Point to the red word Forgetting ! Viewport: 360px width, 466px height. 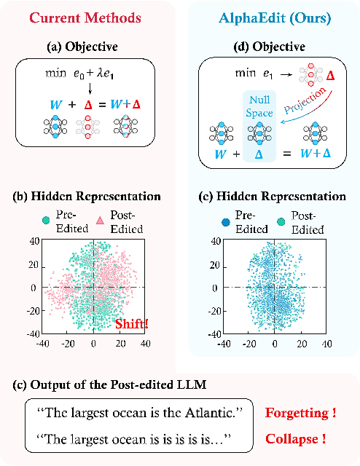pos(300,414)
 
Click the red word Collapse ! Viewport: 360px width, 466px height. pos(294,439)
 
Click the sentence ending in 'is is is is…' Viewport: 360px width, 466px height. pos(137,439)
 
